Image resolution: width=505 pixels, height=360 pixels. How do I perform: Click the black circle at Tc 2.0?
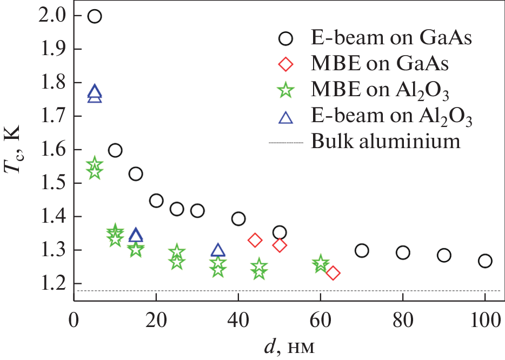[x=95, y=16]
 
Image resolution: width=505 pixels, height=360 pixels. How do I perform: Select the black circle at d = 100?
[x=485, y=261]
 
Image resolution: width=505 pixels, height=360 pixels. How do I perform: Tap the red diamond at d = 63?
[x=333, y=273]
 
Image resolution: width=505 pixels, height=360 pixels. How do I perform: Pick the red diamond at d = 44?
[x=255, y=240]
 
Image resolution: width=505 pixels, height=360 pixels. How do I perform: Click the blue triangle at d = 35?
[x=218, y=250]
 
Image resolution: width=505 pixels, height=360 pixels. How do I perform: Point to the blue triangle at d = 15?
[x=136, y=235]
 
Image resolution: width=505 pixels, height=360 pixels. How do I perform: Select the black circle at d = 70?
[x=362, y=250]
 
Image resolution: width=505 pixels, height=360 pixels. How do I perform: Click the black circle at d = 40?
[x=238, y=218]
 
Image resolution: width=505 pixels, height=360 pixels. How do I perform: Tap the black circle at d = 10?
[x=115, y=150]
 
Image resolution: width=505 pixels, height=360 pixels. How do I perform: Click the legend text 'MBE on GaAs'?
[x=380, y=64]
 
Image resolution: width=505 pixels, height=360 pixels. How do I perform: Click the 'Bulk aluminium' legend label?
[x=386, y=142]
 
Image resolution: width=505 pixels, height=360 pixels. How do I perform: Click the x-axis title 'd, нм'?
[x=290, y=342]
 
